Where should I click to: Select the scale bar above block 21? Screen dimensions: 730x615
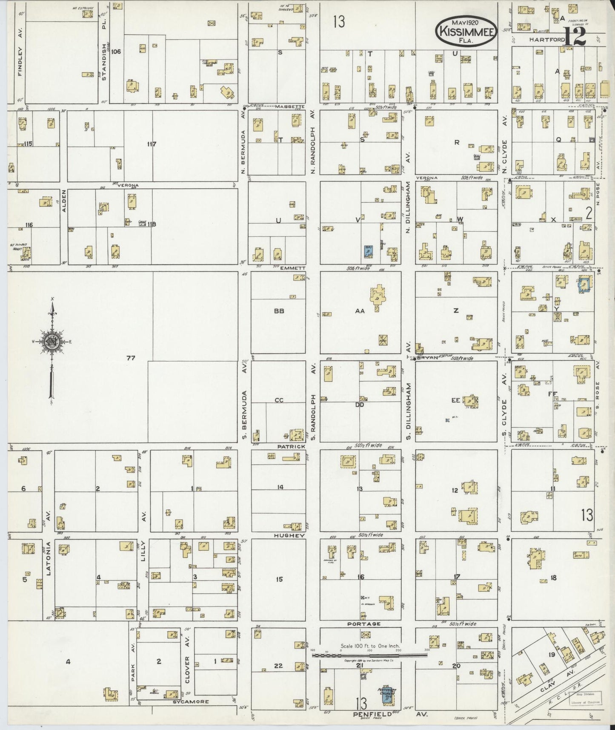tap(369, 656)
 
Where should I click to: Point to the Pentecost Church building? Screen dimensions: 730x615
tap(387, 696)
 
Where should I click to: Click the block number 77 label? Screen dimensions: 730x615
tap(131, 358)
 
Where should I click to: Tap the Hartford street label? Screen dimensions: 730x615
tap(547, 40)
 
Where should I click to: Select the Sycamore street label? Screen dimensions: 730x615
tap(190, 701)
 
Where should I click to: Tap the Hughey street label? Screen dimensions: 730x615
tap(289, 535)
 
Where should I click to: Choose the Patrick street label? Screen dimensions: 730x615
tap(292, 446)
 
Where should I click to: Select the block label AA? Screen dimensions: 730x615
tap(360, 311)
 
